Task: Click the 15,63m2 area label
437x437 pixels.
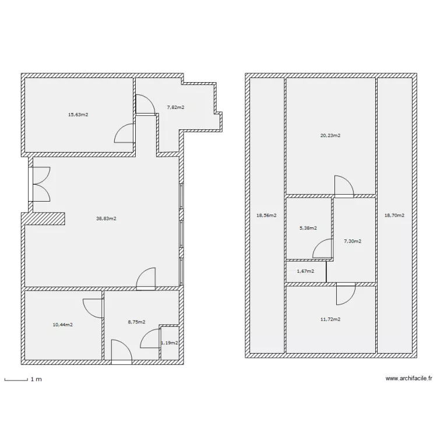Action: tap(78, 115)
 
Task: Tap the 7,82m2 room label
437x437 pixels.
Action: tap(175, 107)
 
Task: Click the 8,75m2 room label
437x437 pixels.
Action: tap(136, 322)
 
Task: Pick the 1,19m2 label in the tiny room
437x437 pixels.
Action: tap(170, 344)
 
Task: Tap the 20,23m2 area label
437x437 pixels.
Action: tap(330, 135)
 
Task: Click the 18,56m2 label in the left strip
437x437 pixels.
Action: tap(266, 215)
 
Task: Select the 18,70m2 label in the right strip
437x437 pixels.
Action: tap(394, 215)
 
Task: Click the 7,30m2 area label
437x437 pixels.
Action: tap(353, 241)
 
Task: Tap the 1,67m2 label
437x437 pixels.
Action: tap(305, 271)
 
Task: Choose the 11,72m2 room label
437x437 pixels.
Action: tap(330, 319)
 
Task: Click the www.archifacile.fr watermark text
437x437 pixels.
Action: tap(409, 378)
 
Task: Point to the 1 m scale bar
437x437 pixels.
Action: tap(17, 379)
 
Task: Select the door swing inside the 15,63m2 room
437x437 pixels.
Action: tap(125, 133)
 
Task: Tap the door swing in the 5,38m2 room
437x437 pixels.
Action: tap(323, 249)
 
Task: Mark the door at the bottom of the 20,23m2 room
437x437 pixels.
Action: tap(344, 186)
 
